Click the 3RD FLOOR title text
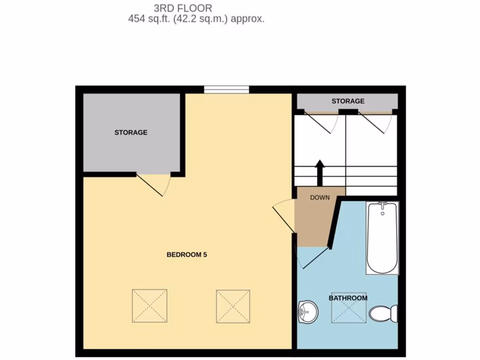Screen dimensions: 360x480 point(183,8)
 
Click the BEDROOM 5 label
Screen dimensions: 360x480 point(187,255)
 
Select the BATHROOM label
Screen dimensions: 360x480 point(348,298)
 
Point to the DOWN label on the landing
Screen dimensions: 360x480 point(320,197)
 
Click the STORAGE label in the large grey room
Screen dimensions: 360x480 point(131,133)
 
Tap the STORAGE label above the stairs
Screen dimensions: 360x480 point(348,101)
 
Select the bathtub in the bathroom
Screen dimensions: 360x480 point(382,237)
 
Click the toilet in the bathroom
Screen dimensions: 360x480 point(384,313)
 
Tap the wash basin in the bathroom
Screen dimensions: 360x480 point(307,312)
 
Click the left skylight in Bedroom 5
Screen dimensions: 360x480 point(150,306)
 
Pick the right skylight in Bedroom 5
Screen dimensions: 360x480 point(233,306)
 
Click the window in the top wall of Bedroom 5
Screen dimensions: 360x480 point(226,89)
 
